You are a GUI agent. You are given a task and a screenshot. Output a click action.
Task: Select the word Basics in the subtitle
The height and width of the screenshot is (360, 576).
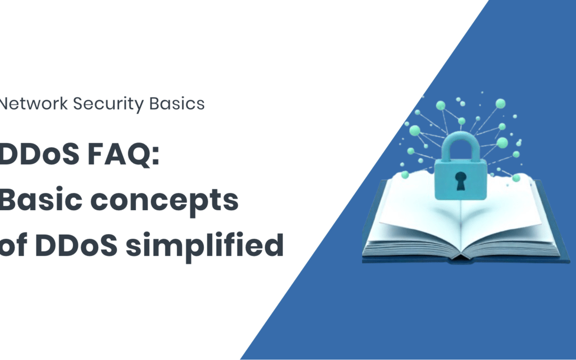177,103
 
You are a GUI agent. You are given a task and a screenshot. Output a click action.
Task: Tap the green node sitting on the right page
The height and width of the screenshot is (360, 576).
516,178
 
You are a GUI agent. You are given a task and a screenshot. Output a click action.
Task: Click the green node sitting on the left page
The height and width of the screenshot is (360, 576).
405,175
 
